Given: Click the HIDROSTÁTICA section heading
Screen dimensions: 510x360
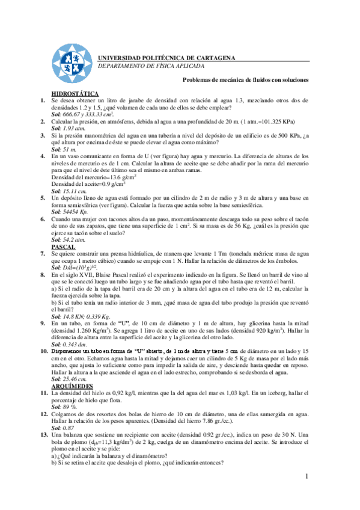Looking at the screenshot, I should [x=75, y=94].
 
